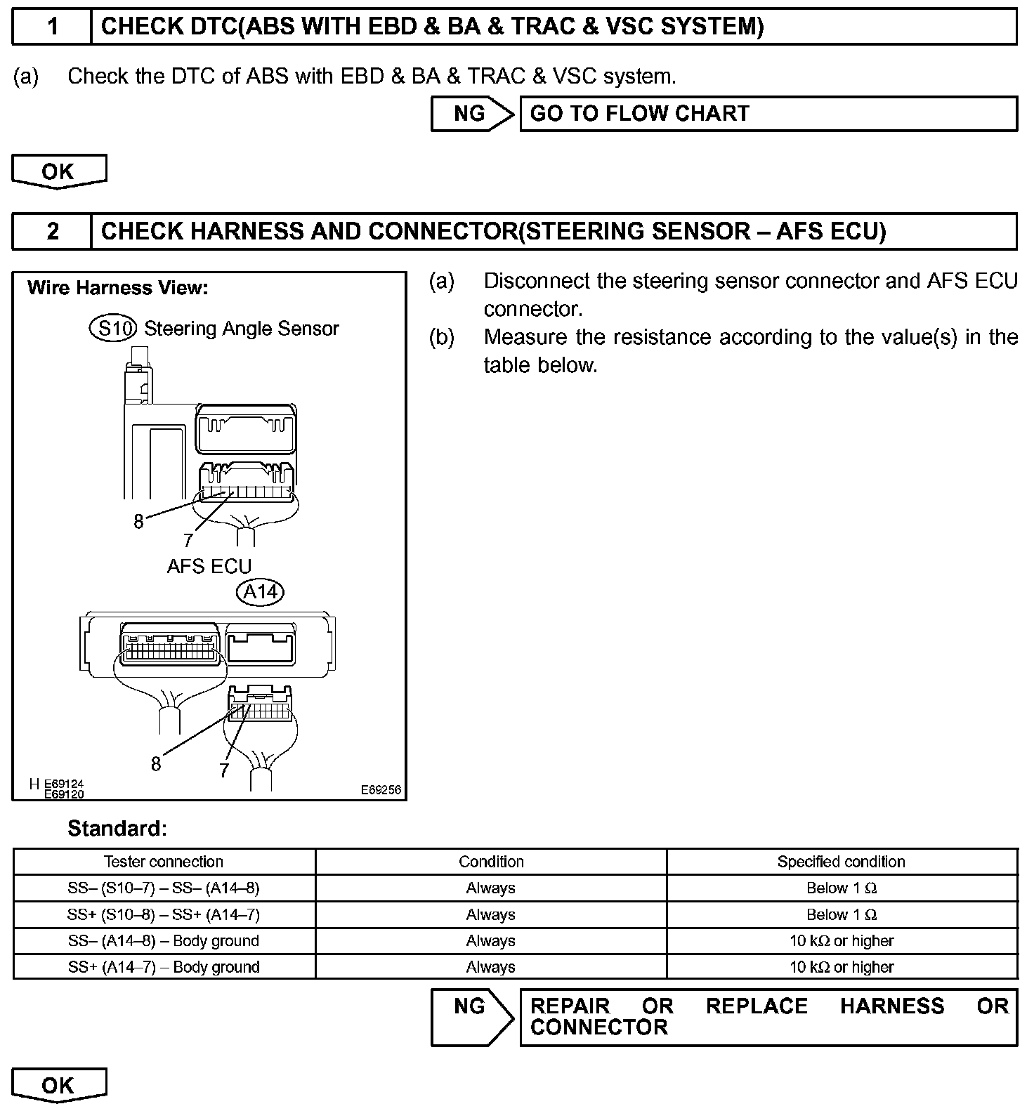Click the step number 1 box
point(53,27)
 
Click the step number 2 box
point(53,231)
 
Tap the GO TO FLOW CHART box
point(768,114)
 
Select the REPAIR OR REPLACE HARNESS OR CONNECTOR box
point(768,1017)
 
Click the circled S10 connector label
point(113,328)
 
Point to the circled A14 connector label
point(260,592)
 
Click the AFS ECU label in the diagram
point(209,566)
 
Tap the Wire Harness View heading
point(117,288)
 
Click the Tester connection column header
point(164,862)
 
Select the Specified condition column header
point(841,862)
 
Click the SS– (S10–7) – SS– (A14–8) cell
point(164,888)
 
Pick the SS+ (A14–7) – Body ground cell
point(164,967)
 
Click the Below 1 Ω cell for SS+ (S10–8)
point(841,914)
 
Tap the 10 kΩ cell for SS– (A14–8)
point(841,941)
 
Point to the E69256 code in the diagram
point(381,789)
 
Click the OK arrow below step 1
point(59,172)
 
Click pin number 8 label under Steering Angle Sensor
point(138,522)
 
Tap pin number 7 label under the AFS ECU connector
point(224,770)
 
